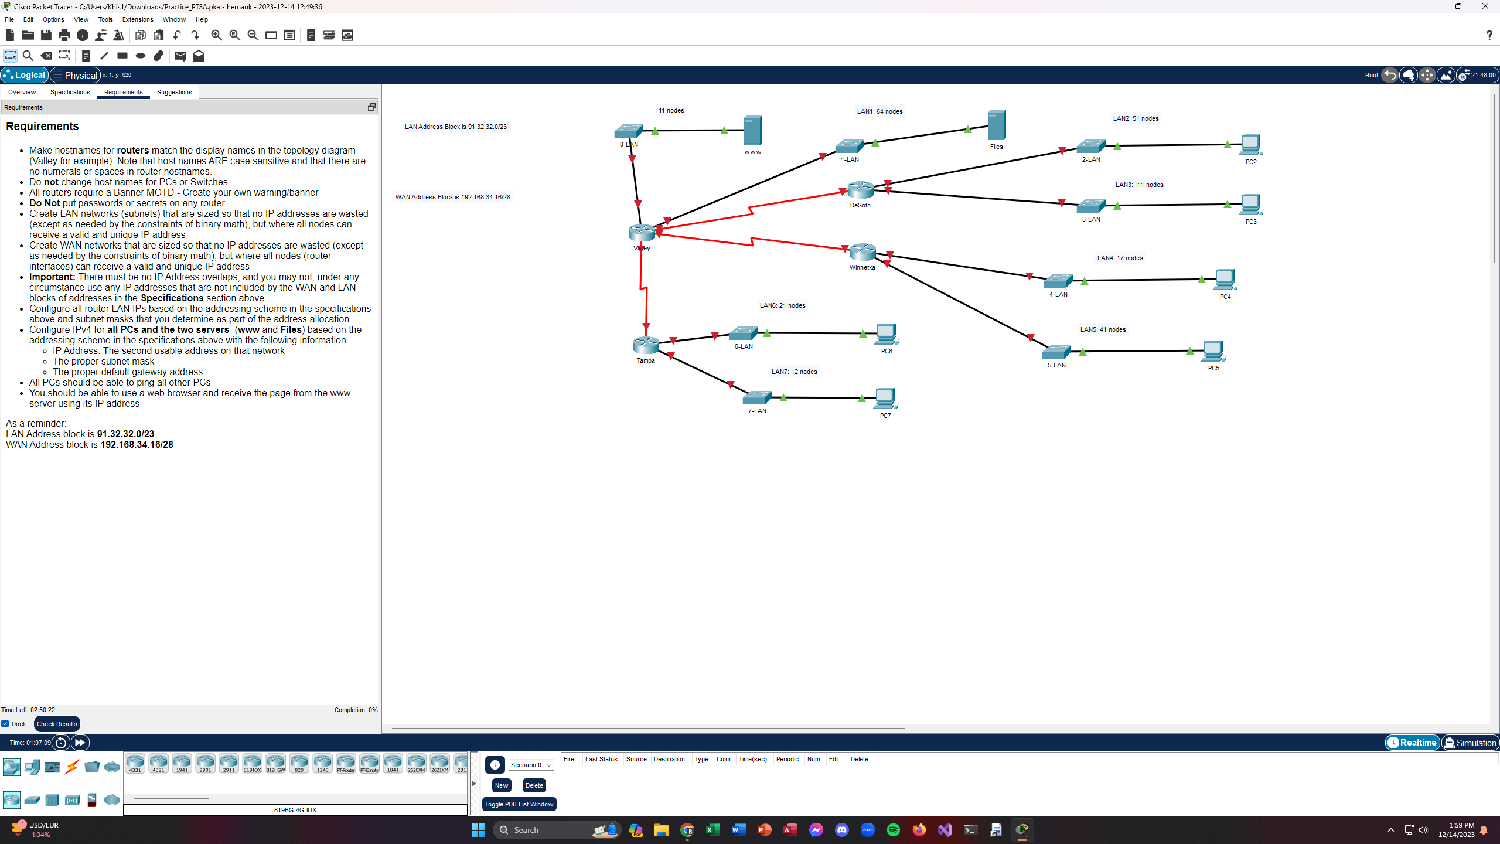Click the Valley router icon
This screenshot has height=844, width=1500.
[642, 233]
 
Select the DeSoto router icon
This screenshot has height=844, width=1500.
[860, 190]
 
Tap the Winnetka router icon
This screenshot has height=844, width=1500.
[862, 252]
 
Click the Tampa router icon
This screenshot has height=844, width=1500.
[646, 345]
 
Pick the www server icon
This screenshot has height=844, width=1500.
[753, 130]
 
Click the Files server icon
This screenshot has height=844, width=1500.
[996, 125]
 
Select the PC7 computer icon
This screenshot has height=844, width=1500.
[885, 399]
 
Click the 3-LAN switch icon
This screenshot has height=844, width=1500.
[1090, 206]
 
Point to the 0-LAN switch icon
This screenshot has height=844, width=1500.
[628, 131]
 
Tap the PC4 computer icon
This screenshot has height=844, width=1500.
[1225, 280]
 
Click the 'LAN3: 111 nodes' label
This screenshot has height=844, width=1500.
[1139, 185]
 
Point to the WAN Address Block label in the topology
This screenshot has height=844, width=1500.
[452, 197]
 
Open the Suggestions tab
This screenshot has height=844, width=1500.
[174, 92]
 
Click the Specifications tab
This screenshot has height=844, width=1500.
[70, 92]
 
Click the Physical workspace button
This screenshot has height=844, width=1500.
[75, 75]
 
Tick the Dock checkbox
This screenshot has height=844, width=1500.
[5, 724]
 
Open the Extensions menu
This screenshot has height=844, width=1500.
[137, 19]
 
